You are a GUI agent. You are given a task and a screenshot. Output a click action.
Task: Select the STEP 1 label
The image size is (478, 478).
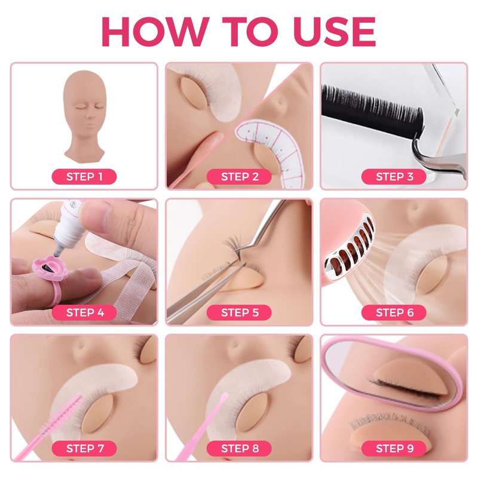tap(84, 176)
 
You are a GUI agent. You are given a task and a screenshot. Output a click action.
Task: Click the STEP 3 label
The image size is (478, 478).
tap(394, 176)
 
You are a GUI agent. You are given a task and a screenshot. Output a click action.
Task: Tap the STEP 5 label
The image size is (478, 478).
tap(240, 312)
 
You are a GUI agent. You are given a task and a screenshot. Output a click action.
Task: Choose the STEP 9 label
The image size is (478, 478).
tap(394, 449)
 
